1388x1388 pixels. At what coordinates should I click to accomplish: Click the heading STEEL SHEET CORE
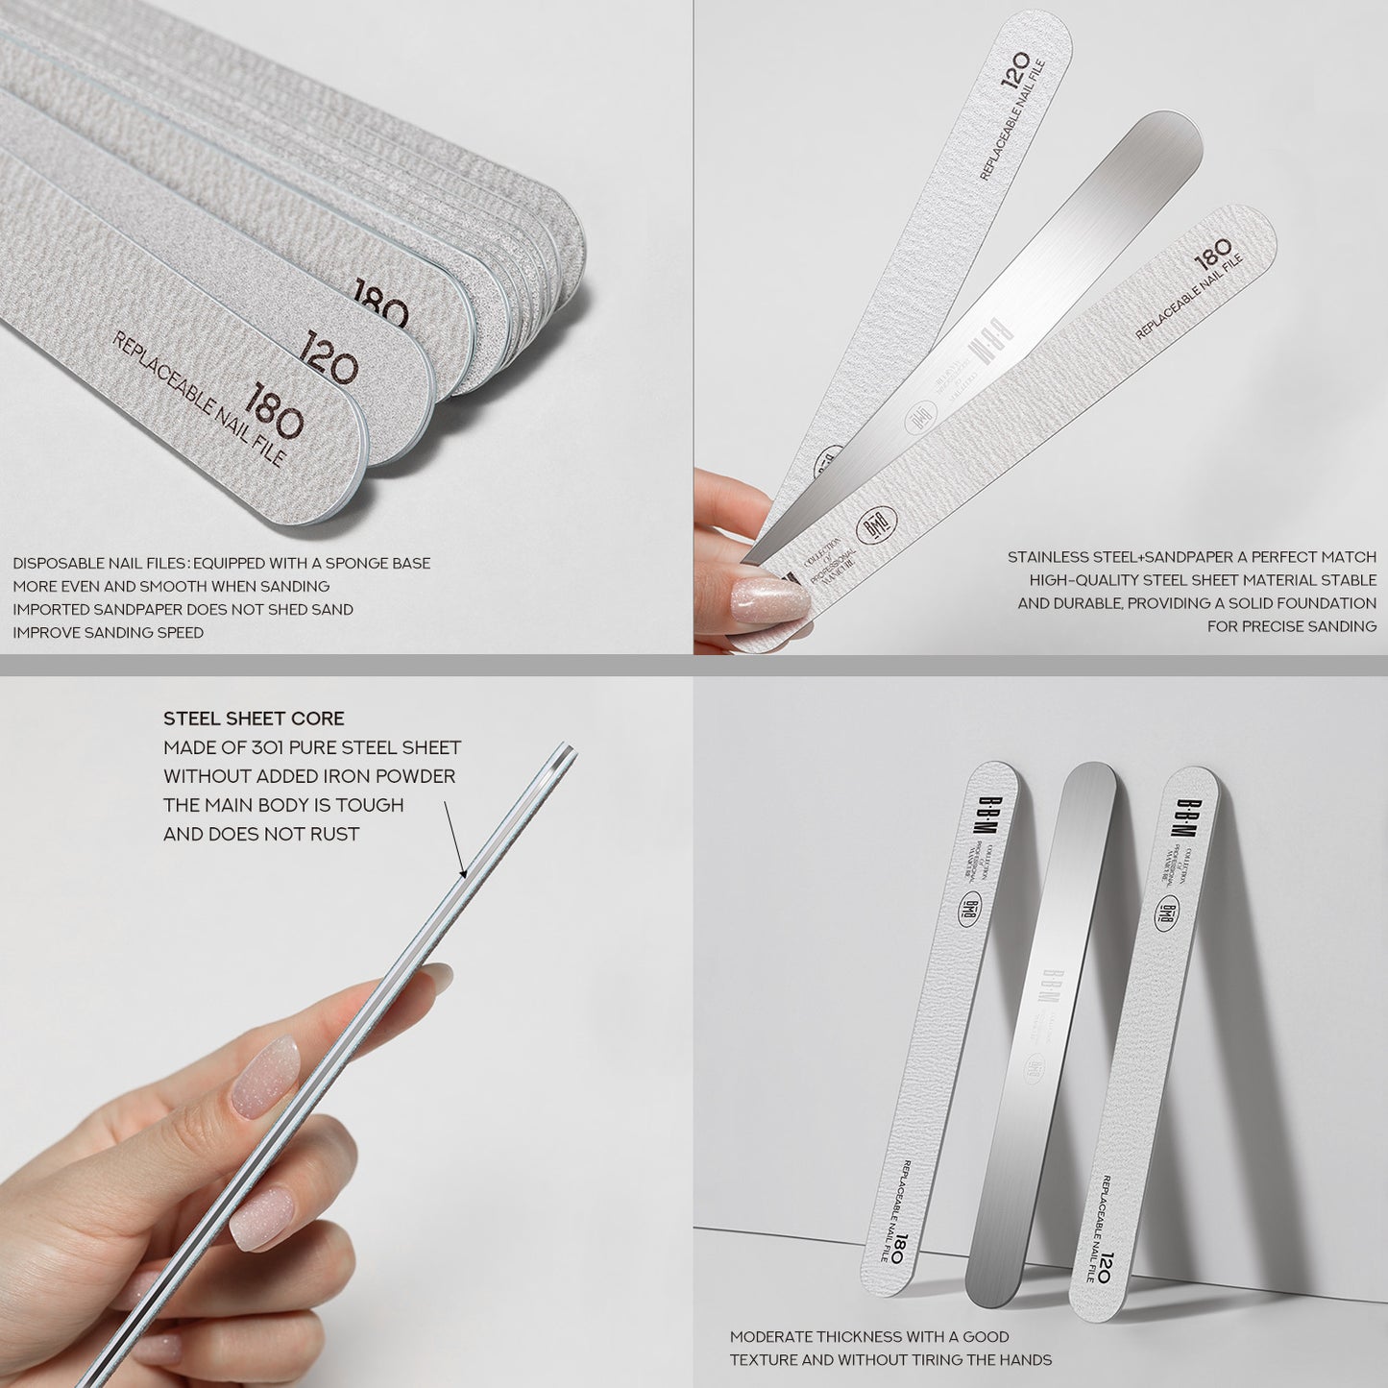tap(254, 718)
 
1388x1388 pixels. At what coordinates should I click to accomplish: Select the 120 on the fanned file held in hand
tap(1015, 70)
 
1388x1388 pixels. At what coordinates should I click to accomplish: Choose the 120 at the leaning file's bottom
tap(1106, 1268)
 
